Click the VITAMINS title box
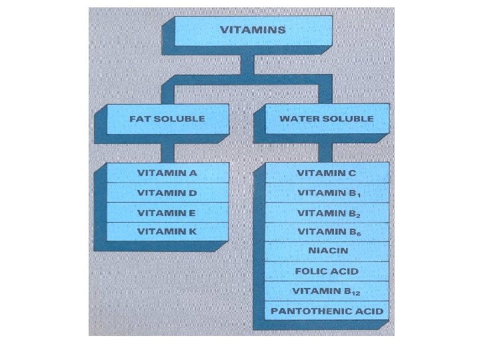pyautogui.click(x=253, y=30)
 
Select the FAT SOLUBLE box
pyautogui.click(x=167, y=119)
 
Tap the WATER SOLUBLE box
pyautogui.click(x=327, y=119)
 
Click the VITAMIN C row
pyautogui.click(x=327, y=173)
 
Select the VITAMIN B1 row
pyautogui.click(x=327, y=193)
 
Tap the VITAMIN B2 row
pyautogui.click(x=327, y=213)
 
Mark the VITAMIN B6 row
pyautogui.click(x=327, y=232)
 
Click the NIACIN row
pyautogui.click(x=327, y=251)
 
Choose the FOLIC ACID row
pyautogui.click(x=327, y=271)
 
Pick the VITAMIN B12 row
pyautogui.click(x=327, y=291)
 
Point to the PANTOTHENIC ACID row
pyautogui.click(x=327, y=311)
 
